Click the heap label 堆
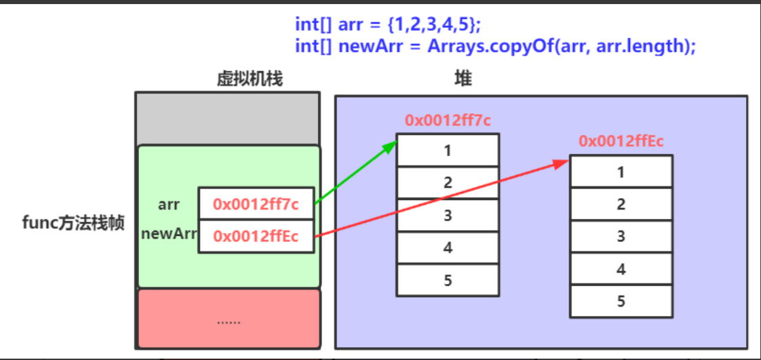point(463,79)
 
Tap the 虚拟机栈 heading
point(249,79)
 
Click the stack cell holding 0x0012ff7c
point(256,203)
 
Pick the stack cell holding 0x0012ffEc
point(256,236)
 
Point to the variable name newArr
point(168,235)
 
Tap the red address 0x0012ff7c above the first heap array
point(448,121)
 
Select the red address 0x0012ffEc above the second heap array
point(621,141)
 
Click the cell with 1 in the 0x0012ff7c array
point(448,150)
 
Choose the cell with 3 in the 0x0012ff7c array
point(448,215)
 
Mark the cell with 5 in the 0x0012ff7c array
point(448,280)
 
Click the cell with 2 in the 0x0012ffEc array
point(621,203)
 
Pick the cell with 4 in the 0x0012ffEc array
point(621,268)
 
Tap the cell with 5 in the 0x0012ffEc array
point(621,301)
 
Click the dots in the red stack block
point(228,321)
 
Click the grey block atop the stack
point(228,119)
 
